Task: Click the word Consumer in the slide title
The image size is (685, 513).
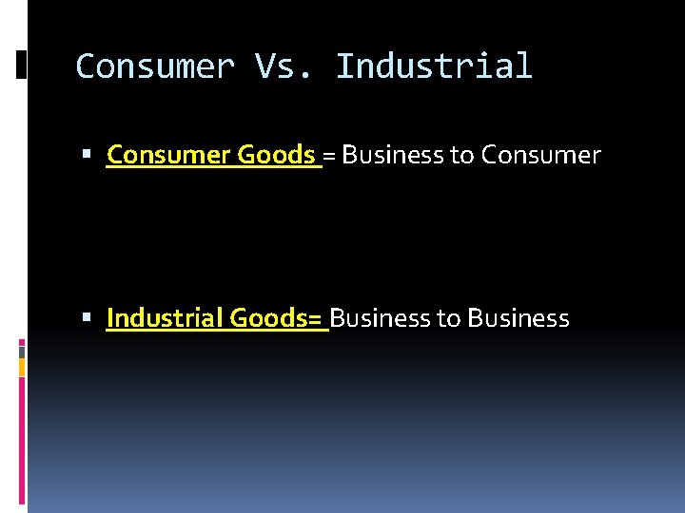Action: [154, 66]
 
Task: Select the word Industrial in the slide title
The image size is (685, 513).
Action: [434, 66]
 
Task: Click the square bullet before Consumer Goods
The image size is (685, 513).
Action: [87, 155]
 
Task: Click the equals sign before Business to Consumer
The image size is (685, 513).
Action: [329, 155]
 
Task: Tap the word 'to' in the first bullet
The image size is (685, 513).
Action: [462, 155]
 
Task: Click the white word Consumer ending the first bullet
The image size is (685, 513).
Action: [540, 154]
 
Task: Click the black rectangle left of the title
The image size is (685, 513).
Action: [21, 64]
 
